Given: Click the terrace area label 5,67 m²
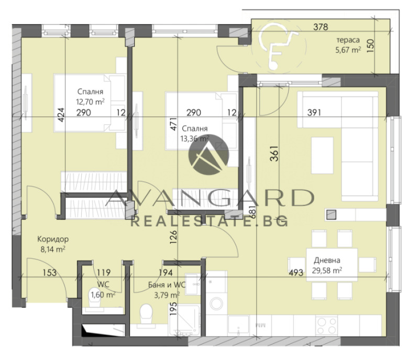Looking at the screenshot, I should coord(348,50).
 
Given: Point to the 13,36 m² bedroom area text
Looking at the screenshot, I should coord(194,138).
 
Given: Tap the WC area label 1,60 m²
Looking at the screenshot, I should coord(103,294).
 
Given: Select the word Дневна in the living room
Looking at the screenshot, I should coord(327,260).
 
